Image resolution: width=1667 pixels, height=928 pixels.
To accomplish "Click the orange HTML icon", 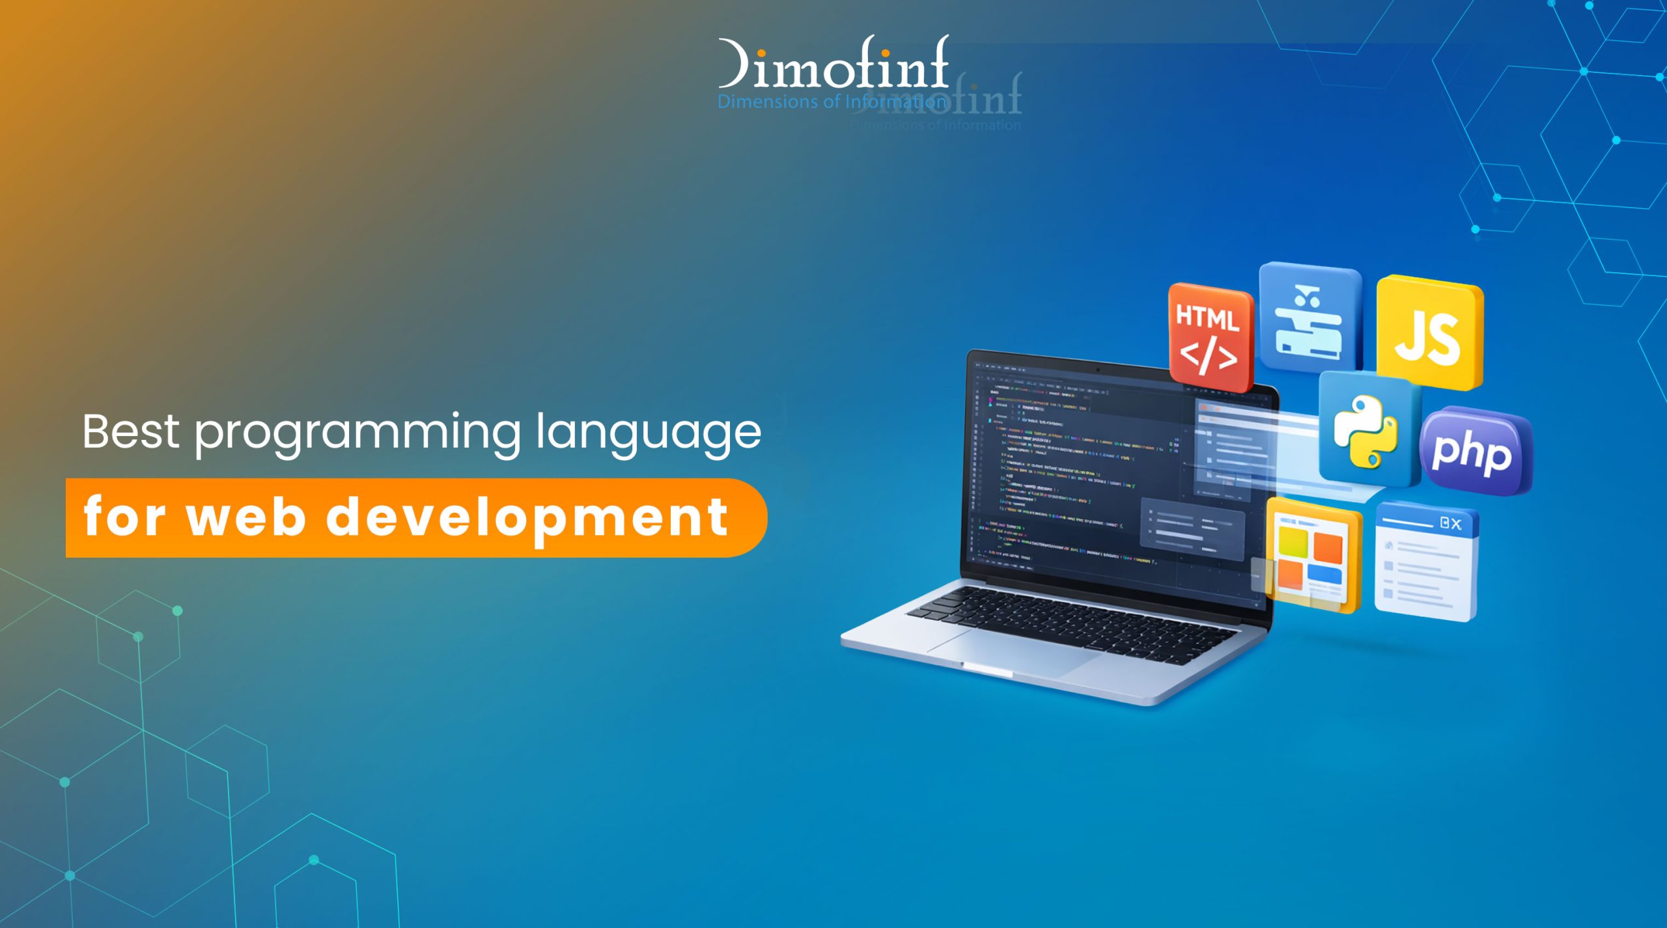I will click(1210, 336).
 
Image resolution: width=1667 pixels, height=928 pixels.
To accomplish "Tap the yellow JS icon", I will click(1430, 333).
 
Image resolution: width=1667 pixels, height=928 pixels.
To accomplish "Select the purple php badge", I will click(1474, 451).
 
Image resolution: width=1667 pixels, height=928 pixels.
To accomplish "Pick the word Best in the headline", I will click(130, 432).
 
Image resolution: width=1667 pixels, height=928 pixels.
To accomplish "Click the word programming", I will click(357, 433).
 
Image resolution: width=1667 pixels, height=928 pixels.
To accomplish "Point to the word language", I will click(648, 433).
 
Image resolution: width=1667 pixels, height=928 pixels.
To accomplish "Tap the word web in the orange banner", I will click(246, 517).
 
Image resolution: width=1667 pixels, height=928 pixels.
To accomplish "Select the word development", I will click(527, 518).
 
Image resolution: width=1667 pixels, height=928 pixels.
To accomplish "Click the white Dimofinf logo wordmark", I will click(833, 65).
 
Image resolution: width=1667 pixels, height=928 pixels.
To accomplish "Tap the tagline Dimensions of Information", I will click(832, 102).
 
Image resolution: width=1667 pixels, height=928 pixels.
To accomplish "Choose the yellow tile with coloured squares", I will click(1313, 556).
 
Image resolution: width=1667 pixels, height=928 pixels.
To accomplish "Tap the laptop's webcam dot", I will click(1098, 370).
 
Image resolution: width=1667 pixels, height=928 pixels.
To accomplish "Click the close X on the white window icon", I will click(1456, 524).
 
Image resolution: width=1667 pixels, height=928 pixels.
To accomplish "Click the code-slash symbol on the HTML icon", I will click(1209, 356).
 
